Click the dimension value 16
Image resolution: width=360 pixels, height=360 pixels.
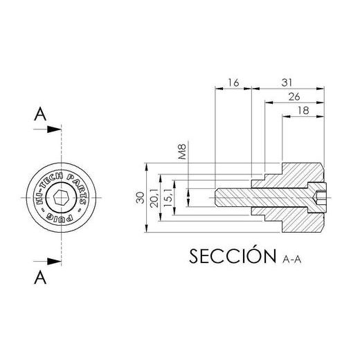pos(233,82)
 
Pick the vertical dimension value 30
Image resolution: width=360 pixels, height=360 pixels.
pos(141,198)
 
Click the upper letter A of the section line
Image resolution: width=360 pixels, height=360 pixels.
pos(40,116)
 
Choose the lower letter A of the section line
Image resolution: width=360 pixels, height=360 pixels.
pos(40,278)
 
